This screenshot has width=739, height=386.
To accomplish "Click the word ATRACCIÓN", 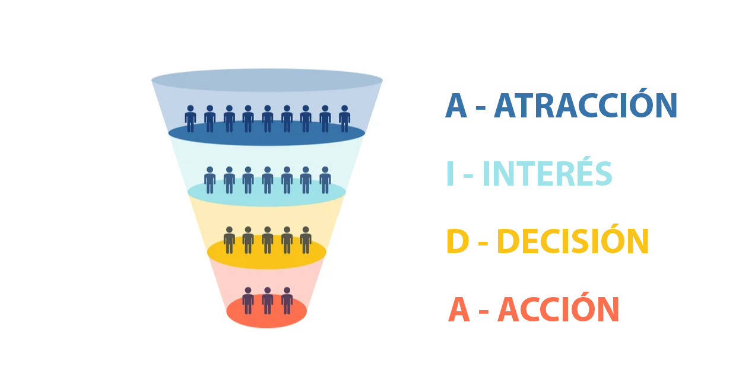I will pos(585,107).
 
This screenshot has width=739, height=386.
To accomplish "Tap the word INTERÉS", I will pos(547,174).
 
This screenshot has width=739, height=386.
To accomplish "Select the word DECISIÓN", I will pos(573,243).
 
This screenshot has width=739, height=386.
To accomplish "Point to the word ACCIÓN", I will pos(559,310).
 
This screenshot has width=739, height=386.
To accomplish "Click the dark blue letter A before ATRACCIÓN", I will pos(456,107).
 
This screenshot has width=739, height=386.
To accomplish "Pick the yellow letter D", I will pos(458,243).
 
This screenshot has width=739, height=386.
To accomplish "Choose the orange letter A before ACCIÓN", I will pos(459,310).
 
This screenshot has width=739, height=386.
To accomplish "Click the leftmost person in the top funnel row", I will pos(191,119).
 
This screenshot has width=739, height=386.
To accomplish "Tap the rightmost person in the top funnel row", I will pos(344,119).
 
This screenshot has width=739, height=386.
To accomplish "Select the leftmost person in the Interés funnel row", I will pos(210,180).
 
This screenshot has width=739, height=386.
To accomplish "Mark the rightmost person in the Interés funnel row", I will pos(325,180).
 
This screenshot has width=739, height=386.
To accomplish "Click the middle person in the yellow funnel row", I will pos(267,240).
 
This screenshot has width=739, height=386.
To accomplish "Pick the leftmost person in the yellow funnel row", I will pos(229,240).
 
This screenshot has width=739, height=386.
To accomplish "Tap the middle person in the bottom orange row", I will pos(267,301).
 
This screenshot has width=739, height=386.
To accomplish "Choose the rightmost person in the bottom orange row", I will pos(287,301).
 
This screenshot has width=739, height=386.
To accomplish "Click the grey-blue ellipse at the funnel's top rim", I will pos(267,80).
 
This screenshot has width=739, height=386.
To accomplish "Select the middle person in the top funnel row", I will pos(267,119).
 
